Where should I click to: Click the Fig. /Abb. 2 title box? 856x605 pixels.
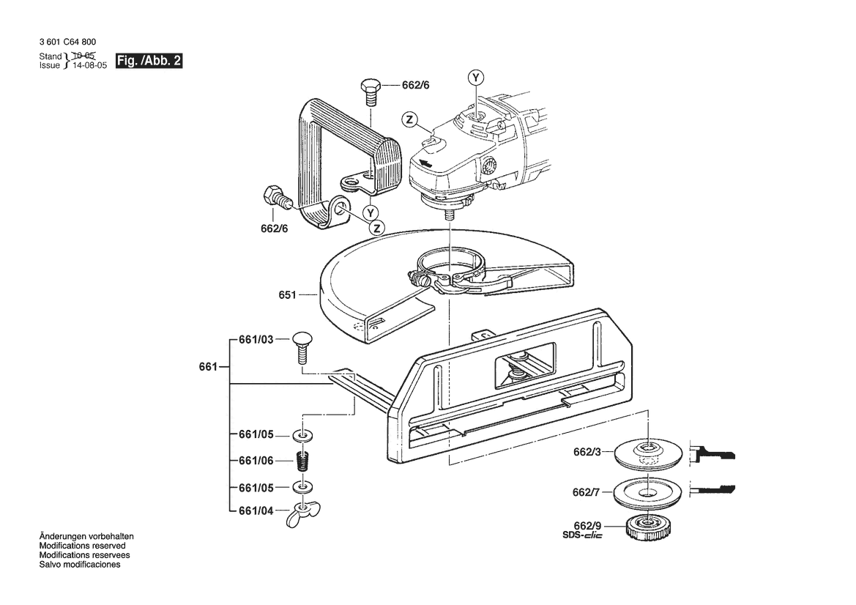click(x=149, y=61)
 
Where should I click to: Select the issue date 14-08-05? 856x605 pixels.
click(x=90, y=65)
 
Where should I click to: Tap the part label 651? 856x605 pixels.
click(x=287, y=295)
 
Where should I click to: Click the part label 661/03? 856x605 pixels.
click(x=256, y=340)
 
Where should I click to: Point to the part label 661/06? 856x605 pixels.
click(x=256, y=461)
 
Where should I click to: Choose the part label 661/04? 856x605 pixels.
click(x=256, y=511)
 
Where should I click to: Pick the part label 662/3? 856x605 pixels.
click(x=587, y=452)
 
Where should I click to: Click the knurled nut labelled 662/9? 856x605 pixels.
click(x=649, y=527)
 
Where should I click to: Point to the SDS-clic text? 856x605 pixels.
click(x=582, y=535)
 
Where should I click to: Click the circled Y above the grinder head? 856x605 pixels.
click(x=475, y=78)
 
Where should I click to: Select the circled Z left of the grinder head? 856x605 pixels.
click(x=409, y=119)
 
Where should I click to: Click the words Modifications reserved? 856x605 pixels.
click(x=83, y=546)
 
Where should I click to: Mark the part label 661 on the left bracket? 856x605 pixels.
click(x=208, y=367)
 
